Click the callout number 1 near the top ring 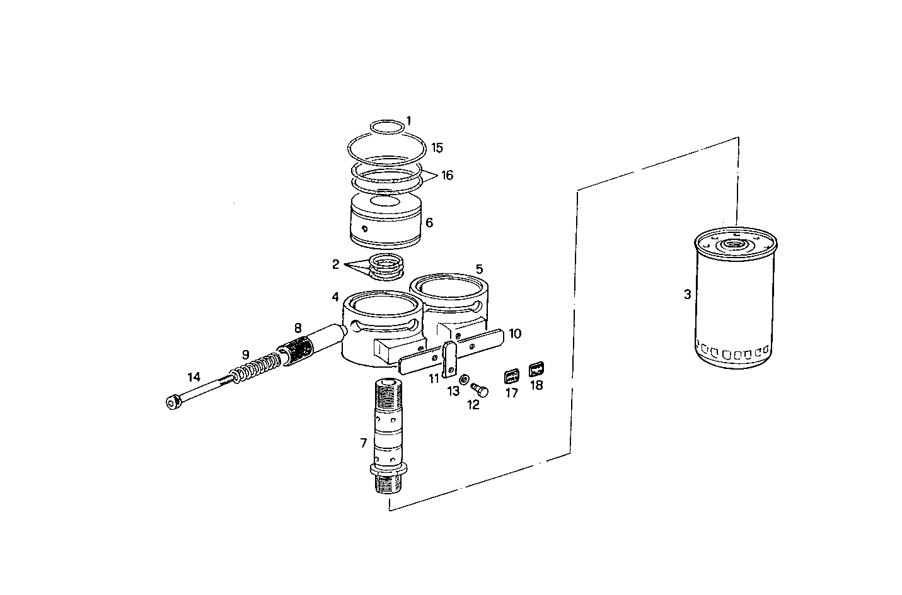[x=408, y=120]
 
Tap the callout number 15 [x=437, y=148]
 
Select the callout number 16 [x=446, y=175]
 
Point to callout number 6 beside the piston [x=429, y=222]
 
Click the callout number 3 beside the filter [x=687, y=294]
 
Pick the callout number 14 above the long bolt [x=194, y=377]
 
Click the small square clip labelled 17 [x=511, y=377]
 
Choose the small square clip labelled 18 [x=536, y=369]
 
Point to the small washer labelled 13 [x=463, y=380]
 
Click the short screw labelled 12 [x=481, y=390]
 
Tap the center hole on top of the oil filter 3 [x=734, y=244]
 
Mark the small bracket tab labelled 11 [x=450, y=359]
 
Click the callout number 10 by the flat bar [x=515, y=333]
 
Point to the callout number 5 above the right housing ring [x=479, y=269]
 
